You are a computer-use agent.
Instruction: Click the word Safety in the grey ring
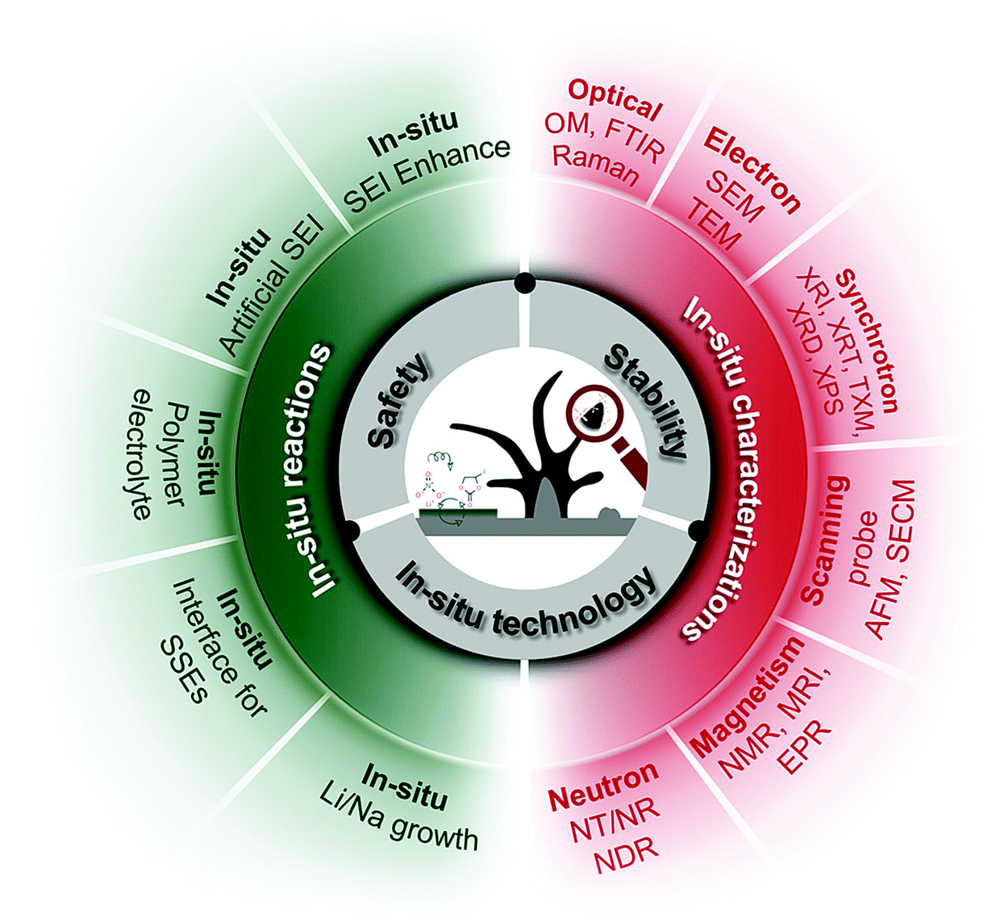point(398,401)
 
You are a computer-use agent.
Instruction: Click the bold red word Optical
point(615,98)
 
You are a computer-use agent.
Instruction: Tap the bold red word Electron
point(752,169)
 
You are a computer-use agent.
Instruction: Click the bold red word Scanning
point(824,539)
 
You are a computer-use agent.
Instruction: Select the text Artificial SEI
point(271,285)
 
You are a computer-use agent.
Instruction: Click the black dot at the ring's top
point(525,283)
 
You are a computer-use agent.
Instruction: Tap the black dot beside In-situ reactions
point(351,530)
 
